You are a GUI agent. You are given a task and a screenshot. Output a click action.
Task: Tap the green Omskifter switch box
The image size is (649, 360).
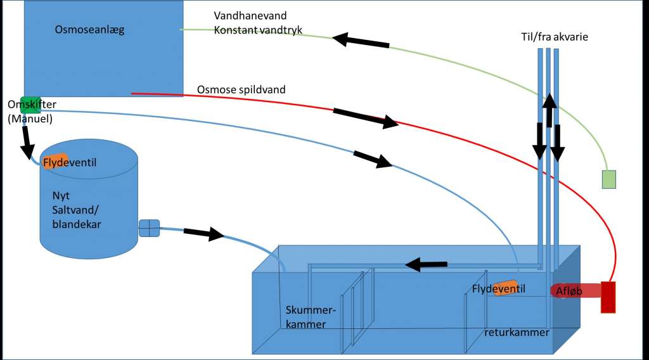(34, 105)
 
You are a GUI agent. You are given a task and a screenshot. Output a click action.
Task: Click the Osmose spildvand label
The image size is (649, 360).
(241, 89)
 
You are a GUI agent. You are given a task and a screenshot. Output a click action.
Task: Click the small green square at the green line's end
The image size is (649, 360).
(608, 179)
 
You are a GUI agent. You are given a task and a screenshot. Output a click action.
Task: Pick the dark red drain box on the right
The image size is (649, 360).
(608, 297)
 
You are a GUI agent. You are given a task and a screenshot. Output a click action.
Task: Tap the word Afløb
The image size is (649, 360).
(569, 292)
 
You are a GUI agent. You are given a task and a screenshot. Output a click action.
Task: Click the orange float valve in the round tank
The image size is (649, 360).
(55, 162)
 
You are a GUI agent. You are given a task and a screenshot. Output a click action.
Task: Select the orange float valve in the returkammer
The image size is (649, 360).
(506, 288)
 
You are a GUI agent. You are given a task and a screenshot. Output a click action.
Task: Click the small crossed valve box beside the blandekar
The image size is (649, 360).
(150, 228)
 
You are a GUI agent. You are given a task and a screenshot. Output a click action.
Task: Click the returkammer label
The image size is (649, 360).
(517, 332)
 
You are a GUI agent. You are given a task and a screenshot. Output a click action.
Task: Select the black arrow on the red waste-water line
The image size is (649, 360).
(366, 119)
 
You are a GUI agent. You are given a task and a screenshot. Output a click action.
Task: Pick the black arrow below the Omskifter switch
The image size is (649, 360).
(28, 143)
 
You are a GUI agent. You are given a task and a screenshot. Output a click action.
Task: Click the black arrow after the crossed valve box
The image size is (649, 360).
(203, 233)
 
